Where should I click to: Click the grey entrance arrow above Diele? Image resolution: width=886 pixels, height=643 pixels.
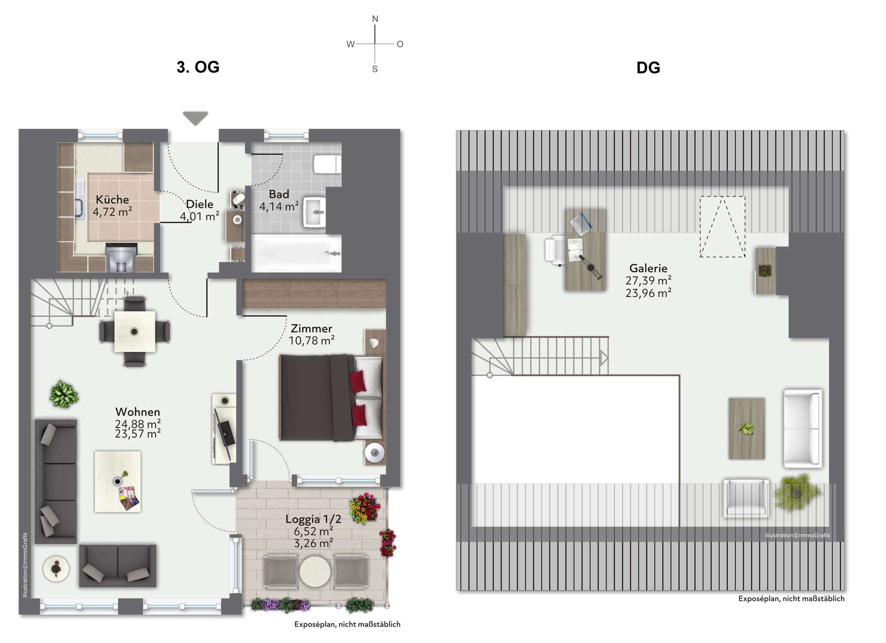tap(195, 118)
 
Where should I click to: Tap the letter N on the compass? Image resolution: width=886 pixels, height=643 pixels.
tap(375, 19)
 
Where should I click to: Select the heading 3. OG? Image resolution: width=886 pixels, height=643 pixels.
tap(198, 67)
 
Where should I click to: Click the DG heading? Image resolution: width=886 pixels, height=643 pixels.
tap(648, 68)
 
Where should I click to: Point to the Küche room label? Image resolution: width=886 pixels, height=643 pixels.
tap(112, 199)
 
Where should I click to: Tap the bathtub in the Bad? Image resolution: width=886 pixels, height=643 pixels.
tap(296, 253)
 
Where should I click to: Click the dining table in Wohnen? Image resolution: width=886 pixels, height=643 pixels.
tap(134, 331)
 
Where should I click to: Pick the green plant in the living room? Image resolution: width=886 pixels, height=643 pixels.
tap(64, 394)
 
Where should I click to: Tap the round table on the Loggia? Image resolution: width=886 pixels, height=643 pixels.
tap(315, 571)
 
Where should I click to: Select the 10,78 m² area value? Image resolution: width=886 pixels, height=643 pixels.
tap(311, 341)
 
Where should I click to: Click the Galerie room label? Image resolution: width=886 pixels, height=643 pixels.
tap(648, 268)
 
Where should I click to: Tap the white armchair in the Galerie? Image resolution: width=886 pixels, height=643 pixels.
tap(746, 498)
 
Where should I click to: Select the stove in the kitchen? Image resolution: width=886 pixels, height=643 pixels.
tap(122, 258)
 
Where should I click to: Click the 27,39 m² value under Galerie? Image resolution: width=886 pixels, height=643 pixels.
tap(648, 281)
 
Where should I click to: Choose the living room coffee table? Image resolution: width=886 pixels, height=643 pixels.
tap(118, 481)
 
